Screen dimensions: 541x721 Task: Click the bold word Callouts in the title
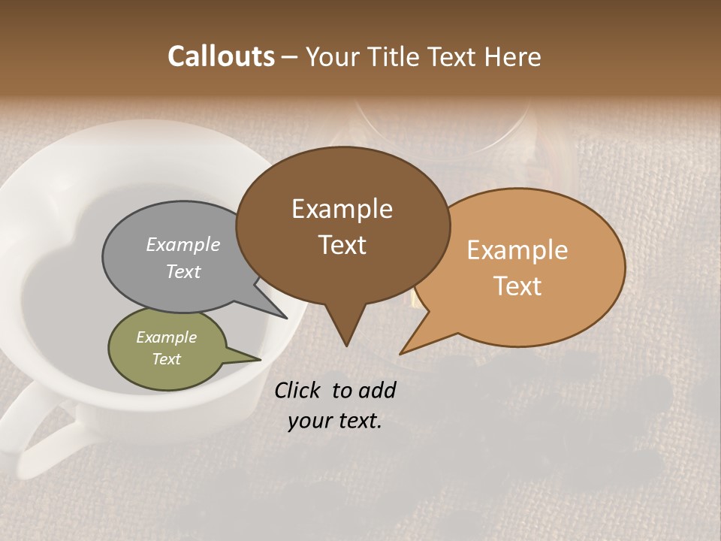tap(221, 56)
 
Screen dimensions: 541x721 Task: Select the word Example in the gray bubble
tap(183, 244)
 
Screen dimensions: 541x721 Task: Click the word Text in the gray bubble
tap(183, 271)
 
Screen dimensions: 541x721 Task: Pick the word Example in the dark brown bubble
tap(342, 208)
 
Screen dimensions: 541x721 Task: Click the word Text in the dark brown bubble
tap(342, 244)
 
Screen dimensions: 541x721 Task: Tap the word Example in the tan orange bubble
tap(517, 249)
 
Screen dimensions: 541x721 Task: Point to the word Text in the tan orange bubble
tap(517, 286)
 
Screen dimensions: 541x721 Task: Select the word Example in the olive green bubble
tap(166, 337)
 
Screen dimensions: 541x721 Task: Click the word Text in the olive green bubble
tap(166, 359)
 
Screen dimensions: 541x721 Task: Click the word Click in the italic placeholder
tap(297, 390)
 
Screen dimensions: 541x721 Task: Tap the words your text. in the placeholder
tap(334, 421)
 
